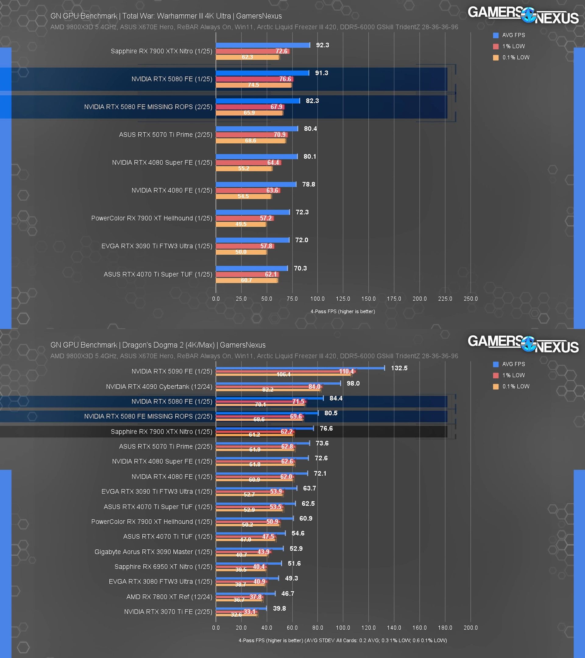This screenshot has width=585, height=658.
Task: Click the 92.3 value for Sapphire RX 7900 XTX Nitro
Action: pos(322,45)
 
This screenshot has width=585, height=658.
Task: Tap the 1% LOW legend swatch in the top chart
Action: pos(495,46)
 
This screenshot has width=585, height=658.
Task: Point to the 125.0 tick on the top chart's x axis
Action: pos(343,299)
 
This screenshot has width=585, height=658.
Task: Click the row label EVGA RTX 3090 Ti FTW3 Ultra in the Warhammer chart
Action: pos(157,246)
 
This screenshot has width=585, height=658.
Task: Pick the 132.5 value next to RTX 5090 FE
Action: pos(399,368)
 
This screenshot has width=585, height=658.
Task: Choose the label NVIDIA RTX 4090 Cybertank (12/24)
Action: pos(159,387)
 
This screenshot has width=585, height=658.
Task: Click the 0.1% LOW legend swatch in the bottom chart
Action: pos(495,386)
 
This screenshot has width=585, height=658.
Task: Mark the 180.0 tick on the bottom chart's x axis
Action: pos(445,628)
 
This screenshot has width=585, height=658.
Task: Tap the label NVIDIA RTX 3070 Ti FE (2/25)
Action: pos(168,612)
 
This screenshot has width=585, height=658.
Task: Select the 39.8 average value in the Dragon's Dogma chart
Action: pos(279,608)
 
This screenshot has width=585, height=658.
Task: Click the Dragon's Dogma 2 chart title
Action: pos(158,345)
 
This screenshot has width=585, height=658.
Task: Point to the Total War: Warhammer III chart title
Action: pos(166,16)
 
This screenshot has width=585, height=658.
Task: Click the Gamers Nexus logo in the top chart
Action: pos(523,16)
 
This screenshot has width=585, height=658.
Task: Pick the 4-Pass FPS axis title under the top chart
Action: pos(342,312)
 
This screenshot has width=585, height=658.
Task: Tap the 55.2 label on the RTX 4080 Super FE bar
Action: pos(243,168)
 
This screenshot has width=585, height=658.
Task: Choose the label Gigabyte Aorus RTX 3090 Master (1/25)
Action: pos(153,552)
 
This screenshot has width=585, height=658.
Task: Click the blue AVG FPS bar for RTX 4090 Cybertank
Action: pos(278,383)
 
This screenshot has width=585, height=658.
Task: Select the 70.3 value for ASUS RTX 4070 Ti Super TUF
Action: pos(300,268)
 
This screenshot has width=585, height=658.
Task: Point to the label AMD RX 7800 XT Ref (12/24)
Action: pos(169,597)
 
